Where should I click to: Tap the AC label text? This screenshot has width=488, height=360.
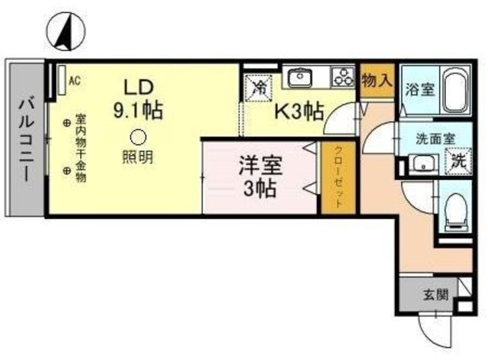click(75, 81)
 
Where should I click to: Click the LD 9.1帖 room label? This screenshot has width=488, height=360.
click(138, 99)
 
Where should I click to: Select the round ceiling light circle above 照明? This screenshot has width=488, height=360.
click(138, 137)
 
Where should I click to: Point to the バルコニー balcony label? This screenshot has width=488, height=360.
click(26, 140)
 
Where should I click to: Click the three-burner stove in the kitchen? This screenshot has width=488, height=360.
click(343, 76)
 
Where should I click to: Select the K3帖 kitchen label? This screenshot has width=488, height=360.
click(299, 111)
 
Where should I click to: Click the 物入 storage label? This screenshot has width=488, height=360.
click(377, 81)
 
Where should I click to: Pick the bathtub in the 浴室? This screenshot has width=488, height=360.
click(455, 90)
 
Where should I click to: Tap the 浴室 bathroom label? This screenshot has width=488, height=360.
click(419, 90)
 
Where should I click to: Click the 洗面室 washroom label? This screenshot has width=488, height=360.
click(435, 139)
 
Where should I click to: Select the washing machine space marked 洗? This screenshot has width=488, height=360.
click(458, 161)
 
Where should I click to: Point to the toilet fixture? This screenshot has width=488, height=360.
click(456, 212)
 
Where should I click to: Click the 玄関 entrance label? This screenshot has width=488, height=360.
click(435, 294)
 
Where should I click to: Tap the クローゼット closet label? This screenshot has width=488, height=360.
click(339, 177)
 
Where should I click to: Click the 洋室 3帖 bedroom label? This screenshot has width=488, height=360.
click(260, 177)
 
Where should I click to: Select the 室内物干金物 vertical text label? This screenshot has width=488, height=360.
click(81, 149)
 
